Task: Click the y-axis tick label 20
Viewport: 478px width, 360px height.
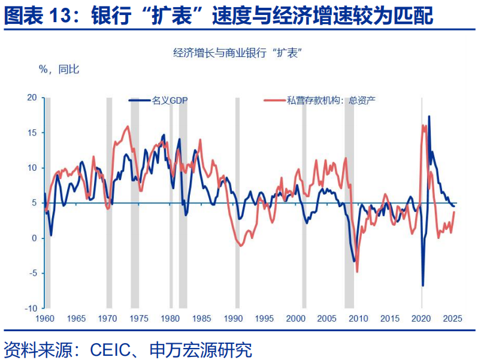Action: coord(31,98)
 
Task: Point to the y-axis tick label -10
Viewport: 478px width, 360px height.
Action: coord(30,308)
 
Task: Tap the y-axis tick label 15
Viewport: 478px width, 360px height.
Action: coord(31,132)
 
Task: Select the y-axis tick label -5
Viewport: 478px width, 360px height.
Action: coord(32,273)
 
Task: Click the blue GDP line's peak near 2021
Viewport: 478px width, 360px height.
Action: coord(429,116)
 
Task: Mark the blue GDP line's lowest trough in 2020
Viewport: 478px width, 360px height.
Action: coord(422,286)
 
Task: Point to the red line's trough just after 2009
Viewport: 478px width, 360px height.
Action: coord(358,271)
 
